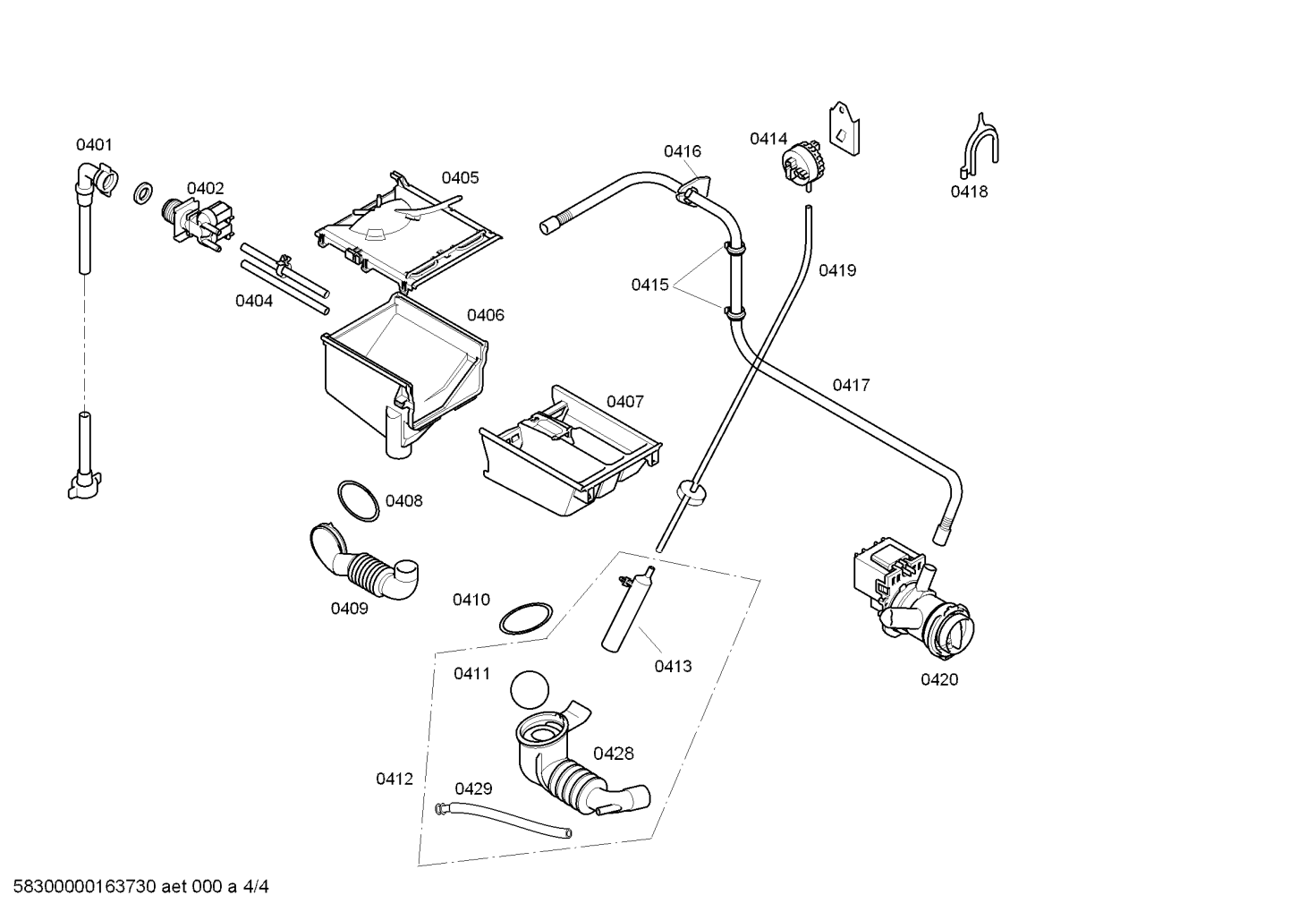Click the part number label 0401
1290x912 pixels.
tap(94, 144)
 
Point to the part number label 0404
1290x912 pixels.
tap(254, 301)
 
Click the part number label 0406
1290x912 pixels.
tap(485, 315)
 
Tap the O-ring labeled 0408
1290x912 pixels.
tap(358, 500)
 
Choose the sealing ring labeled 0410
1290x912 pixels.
tap(524, 619)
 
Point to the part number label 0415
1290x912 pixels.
tap(649, 285)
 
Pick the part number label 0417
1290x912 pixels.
tap(851, 385)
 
